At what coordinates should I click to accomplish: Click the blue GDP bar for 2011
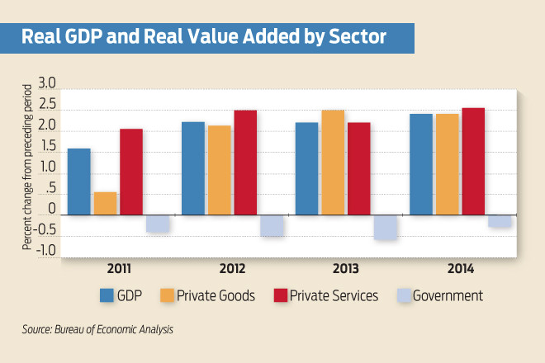(x=79, y=181)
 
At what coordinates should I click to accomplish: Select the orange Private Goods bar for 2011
(x=106, y=203)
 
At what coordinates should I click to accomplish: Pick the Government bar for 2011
(x=158, y=223)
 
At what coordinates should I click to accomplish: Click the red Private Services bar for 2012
(x=245, y=163)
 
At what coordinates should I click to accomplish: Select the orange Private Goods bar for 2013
(x=333, y=163)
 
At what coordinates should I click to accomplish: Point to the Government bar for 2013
(x=386, y=227)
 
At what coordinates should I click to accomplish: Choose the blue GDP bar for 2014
(x=421, y=164)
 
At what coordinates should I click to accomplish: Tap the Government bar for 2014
(x=500, y=220)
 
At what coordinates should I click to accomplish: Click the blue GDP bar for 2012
(x=193, y=168)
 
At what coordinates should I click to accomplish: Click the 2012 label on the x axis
(x=232, y=268)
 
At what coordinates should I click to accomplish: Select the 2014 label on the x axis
(x=460, y=268)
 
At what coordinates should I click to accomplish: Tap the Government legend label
(x=447, y=295)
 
